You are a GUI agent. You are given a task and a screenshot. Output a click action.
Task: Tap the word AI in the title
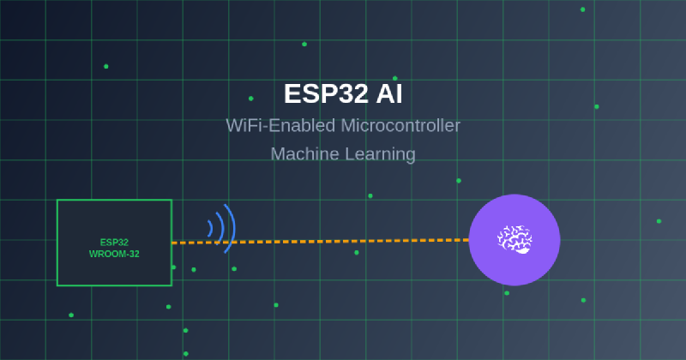pyautogui.click(x=387, y=93)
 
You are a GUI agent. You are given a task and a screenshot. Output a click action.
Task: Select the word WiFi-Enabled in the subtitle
pyautogui.click(x=280, y=125)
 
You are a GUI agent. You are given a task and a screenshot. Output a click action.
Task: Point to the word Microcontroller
pyautogui.click(x=400, y=125)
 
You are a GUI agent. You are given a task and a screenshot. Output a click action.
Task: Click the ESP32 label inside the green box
pyautogui.click(x=114, y=242)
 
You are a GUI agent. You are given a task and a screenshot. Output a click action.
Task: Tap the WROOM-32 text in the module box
pyautogui.click(x=114, y=254)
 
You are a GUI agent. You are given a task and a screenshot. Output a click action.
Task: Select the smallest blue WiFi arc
pyautogui.click(x=210, y=228)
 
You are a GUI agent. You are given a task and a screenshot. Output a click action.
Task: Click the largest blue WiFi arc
pyautogui.click(x=231, y=228)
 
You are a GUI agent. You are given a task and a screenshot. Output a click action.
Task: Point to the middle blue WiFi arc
pyautogui.click(x=220, y=228)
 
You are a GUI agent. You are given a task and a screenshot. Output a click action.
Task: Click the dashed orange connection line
pyautogui.click(x=343, y=241)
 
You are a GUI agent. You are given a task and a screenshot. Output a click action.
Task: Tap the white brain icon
pyautogui.click(x=514, y=239)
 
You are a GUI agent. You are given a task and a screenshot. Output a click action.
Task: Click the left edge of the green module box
pyautogui.click(x=57, y=243)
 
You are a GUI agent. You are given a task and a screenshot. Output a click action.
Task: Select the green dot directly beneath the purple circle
pyautogui.click(x=507, y=293)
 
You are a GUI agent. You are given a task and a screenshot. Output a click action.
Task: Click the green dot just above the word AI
pyautogui.click(x=394, y=79)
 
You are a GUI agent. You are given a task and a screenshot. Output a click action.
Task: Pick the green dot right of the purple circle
pyautogui.click(x=659, y=221)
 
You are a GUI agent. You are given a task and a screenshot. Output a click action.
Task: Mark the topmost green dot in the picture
pyautogui.click(x=582, y=9)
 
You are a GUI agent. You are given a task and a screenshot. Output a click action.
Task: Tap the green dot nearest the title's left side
pyautogui.click(x=250, y=99)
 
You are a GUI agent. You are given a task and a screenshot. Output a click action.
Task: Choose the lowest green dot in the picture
pyautogui.click(x=185, y=353)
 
